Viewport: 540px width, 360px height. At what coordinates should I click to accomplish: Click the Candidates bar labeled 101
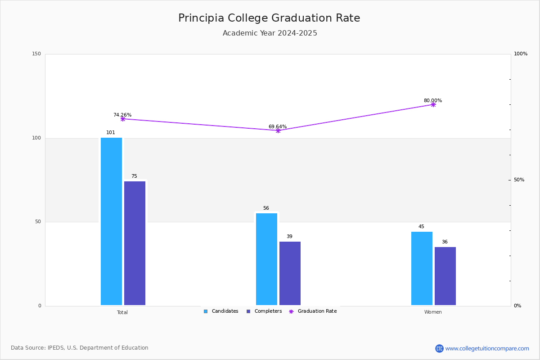[x=112, y=221]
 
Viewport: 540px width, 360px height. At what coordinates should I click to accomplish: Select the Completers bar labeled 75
[x=135, y=243]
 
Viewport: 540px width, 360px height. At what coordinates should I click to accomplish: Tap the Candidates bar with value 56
[x=266, y=259]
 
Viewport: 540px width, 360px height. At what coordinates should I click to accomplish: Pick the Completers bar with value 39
[x=290, y=274]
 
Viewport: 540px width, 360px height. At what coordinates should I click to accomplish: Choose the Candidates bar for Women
[x=422, y=268]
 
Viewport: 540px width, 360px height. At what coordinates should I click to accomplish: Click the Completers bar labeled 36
[x=445, y=276]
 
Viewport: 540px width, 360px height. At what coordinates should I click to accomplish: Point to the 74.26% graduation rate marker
[x=123, y=119]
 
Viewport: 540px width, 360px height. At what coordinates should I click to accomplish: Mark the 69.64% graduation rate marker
[x=278, y=130]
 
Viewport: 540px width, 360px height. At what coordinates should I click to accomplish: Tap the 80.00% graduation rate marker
[x=433, y=104]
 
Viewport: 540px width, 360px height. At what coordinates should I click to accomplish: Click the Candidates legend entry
[x=221, y=311]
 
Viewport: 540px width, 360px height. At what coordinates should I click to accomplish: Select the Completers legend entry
[x=264, y=311]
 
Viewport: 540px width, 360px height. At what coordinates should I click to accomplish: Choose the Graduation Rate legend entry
[x=313, y=311]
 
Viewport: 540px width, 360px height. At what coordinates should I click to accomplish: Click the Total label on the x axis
[x=122, y=312]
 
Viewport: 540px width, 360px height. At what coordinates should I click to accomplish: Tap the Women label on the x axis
[x=433, y=312]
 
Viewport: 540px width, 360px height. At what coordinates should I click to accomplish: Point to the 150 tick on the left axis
[x=36, y=54]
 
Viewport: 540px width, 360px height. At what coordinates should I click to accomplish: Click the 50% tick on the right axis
[x=519, y=180]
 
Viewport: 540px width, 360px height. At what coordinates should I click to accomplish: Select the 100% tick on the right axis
[x=521, y=54]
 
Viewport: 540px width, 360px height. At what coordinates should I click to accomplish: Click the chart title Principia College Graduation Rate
[x=269, y=18]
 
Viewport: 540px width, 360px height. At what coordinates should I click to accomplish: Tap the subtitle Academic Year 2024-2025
[x=270, y=33]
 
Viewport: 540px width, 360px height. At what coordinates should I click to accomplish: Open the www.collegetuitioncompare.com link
[x=487, y=348]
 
